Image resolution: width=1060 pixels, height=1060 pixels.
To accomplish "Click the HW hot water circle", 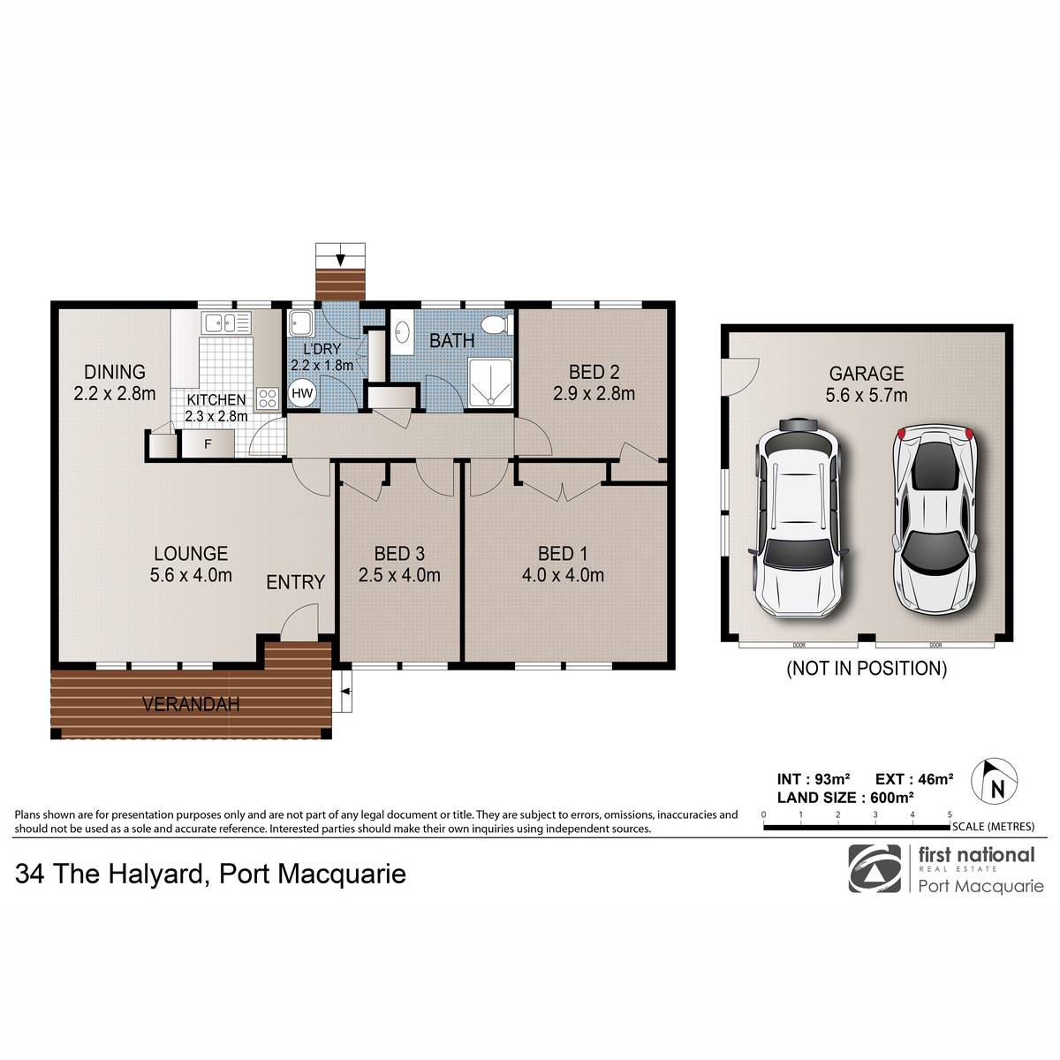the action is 302,393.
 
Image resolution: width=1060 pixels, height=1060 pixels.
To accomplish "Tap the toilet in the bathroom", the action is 496,324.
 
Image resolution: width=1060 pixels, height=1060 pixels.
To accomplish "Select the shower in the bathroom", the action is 490,382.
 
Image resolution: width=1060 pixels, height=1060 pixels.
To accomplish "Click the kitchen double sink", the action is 226,322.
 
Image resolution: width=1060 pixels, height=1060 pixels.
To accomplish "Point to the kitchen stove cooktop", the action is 268,397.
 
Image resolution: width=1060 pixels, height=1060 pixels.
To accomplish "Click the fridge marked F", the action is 208,443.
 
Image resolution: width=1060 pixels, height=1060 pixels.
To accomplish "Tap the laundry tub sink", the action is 301,323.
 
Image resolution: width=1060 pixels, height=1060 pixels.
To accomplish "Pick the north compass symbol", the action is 994,780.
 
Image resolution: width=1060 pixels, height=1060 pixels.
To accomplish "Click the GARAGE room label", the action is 867,374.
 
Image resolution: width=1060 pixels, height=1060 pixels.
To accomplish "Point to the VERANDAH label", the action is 191,704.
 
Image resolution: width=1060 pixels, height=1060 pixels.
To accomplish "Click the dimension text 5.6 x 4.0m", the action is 191,575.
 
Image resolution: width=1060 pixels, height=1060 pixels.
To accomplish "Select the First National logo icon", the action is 874,869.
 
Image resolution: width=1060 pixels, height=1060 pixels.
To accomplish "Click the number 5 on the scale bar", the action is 950,814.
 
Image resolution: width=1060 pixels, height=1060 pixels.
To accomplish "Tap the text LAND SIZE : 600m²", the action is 845,798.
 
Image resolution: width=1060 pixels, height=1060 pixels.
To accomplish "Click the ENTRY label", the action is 295,582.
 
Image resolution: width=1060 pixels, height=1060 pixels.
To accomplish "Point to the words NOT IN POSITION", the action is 867,669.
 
